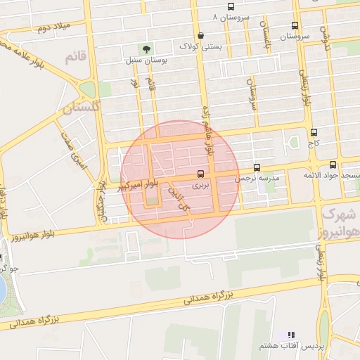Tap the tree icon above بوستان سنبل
[146, 49]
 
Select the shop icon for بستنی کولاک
[201, 35]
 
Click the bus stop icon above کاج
[313, 131]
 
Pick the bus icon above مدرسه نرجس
[257, 168]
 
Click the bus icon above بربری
[201, 173]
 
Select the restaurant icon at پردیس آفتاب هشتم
[292, 335]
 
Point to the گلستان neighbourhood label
[82, 108]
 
